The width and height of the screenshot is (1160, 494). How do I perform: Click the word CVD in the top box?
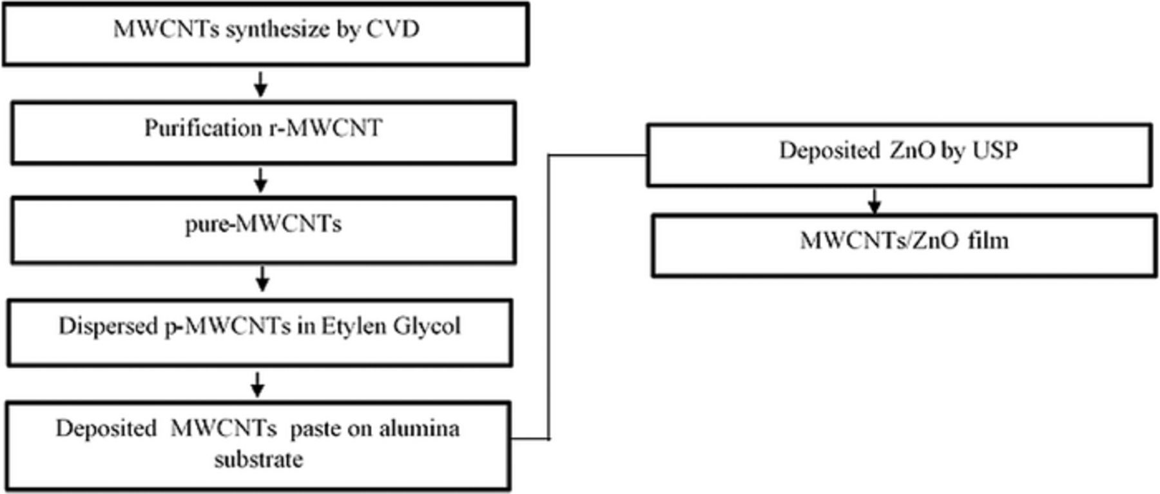[392, 29]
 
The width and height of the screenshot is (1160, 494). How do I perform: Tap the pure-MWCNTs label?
[263, 224]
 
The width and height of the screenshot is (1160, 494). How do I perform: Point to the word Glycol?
[427, 326]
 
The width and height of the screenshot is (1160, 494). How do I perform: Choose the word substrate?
[258, 460]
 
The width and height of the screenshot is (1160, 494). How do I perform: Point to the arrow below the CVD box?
[260, 84]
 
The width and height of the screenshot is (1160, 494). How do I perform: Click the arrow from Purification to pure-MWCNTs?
[260, 180]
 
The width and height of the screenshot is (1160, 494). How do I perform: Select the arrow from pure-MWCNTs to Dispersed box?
[262, 279]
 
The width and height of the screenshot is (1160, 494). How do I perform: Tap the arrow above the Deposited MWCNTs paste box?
[258, 384]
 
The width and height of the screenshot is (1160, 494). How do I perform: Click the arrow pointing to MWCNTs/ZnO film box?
[874, 201]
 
